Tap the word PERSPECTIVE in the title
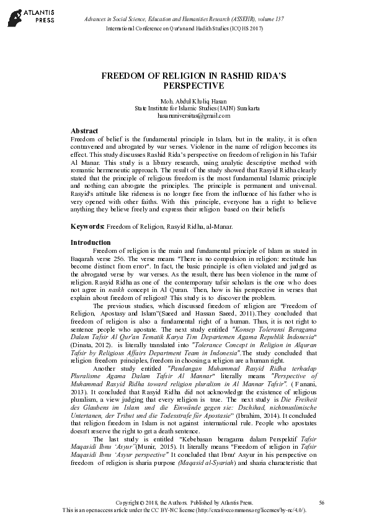click(185, 86)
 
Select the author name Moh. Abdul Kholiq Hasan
click(185, 101)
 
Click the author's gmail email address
click(185, 115)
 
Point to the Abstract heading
click(84, 131)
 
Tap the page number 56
click(321, 502)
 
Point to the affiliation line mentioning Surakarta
click(185, 108)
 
